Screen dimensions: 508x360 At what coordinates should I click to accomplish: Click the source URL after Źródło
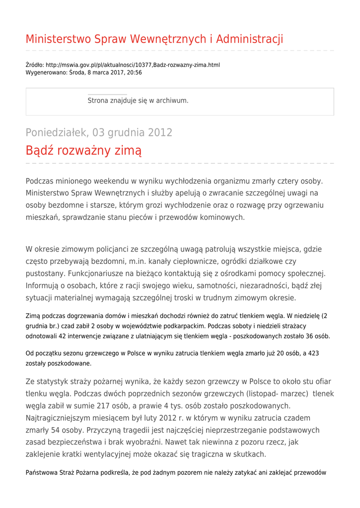click(133, 65)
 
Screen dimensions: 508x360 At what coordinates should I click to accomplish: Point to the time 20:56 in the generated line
click(134, 72)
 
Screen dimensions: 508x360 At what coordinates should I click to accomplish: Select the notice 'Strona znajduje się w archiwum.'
click(138, 101)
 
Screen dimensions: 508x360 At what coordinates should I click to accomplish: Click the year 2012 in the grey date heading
click(159, 133)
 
